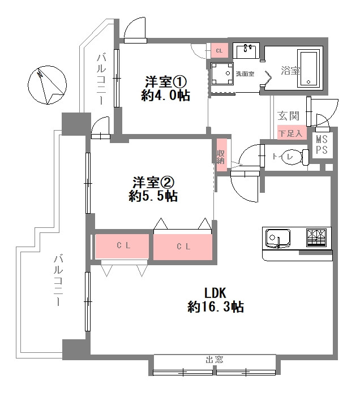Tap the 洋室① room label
tap(165, 81)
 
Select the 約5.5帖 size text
tap(153, 196)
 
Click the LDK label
tap(215, 293)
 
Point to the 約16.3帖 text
tap(216, 308)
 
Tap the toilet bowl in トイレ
tap(293, 157)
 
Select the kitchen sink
tap(278, 238)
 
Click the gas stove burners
tap(316, 238)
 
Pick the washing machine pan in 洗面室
tap(221, 74)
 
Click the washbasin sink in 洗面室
tap(246, 50)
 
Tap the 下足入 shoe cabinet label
tap(292, 133)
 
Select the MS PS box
tap(322, 145)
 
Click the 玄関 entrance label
tap(288, 116)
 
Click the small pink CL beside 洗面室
tap(219, 51)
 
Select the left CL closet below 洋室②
tap(121, 246)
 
